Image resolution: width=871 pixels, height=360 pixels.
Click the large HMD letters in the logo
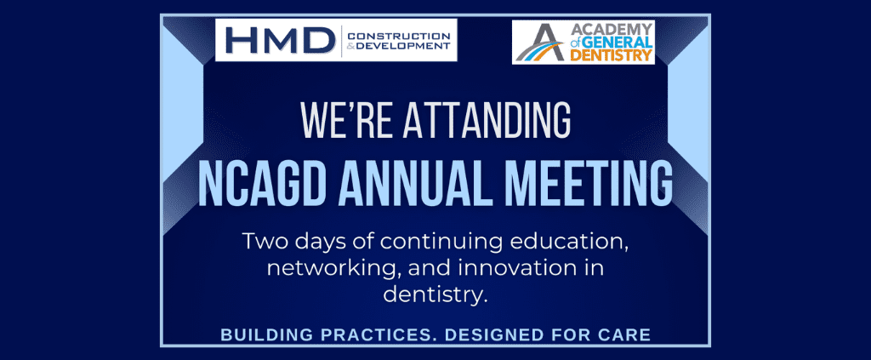tap(277, 41)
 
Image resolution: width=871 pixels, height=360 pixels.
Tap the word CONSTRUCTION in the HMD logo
tap(398, 36)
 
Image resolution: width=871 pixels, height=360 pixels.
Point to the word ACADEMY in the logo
tap(611, 30)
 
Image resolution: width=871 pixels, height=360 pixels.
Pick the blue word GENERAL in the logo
tap(618, 43)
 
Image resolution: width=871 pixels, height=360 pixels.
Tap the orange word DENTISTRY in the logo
tap(611, 55)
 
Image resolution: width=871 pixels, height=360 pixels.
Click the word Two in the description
tap(264, 242)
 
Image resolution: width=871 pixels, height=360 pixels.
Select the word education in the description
tap(574, 243)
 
